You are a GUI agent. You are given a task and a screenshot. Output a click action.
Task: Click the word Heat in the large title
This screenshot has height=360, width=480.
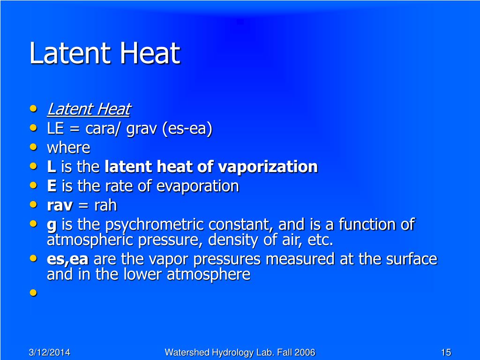pos(150,53)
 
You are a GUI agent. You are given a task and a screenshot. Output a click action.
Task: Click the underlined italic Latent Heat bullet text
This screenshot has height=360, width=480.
pos(89,109)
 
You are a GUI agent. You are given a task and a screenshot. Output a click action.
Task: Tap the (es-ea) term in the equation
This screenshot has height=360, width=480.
pos(187,128)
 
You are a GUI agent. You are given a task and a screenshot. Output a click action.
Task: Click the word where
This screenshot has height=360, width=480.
pos(68,148)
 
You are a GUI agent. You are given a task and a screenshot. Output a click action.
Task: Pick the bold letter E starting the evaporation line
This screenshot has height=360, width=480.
pos(52,186)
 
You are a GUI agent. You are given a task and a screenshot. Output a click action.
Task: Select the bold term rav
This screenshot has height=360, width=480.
pos(60,206)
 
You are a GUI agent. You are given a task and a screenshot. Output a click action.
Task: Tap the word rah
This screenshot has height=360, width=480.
pos(105,205)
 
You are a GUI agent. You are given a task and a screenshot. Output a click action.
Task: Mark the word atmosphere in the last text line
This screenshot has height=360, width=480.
pos(209,274)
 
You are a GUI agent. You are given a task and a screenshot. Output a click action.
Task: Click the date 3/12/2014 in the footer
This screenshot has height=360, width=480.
pos(49,352)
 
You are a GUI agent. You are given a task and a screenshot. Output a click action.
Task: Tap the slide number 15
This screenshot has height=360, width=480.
pos(446,352)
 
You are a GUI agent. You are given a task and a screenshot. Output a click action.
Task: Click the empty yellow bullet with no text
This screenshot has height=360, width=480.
pos(33,293)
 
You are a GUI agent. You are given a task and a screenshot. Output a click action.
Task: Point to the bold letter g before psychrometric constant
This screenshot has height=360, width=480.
pos(52,225)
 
